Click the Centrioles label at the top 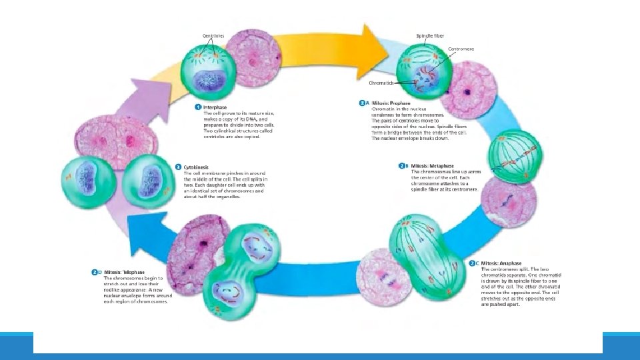(213, 35)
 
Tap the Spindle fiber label (430, 35)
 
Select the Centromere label (461, 49)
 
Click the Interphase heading (215, 107)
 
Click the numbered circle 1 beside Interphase (198, 107)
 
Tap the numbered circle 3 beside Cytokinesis (177, 167)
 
